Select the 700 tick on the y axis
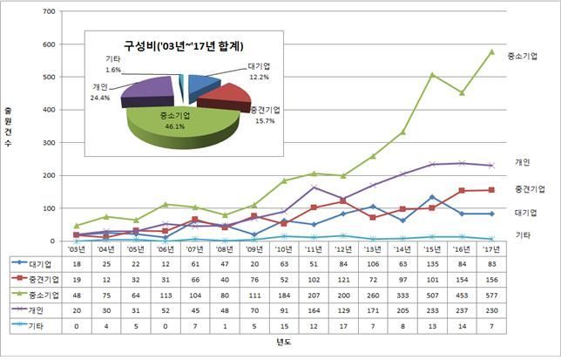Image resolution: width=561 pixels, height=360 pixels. [x=47, y=11]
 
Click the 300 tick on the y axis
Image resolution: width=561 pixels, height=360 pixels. [x=47, y=142]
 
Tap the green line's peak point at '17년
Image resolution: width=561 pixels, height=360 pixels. [x=492, y=51]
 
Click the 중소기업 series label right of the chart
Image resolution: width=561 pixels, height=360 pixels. [x=523, y=55]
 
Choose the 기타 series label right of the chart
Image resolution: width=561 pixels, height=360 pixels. [x=523, y=235]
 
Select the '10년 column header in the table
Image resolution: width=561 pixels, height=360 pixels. [x=284, y=248]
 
